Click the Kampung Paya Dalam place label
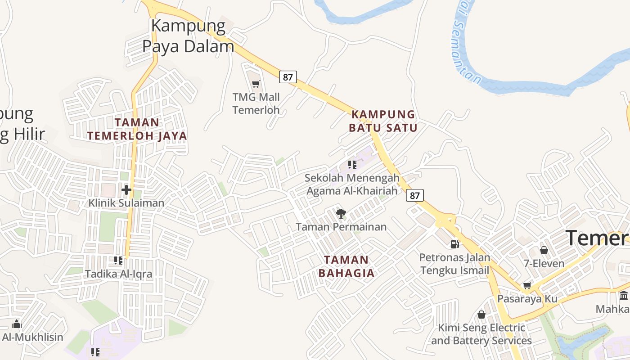[188, 36]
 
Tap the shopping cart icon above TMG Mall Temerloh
[256, 83]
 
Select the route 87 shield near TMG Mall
[288, 77]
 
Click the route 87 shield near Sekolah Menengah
[415, 195]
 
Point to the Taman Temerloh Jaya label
[137, 129]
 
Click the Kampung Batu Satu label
[383, 121]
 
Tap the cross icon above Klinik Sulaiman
[126, 190]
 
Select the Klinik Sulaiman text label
[126, 203]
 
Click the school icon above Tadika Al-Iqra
[119, 260]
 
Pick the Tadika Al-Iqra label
[119, 274]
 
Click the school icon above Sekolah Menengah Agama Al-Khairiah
[352, 165]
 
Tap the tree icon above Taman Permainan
[341, 214]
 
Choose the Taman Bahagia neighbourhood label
[346, 266]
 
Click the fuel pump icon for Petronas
[454, 244]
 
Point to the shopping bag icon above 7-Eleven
[544, 250]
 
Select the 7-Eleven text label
[544, 263]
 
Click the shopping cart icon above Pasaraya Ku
[527, 285]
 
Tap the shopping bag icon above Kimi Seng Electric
[481, 314]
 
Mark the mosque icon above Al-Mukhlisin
[17, 324]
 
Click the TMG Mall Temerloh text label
[256, 103]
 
